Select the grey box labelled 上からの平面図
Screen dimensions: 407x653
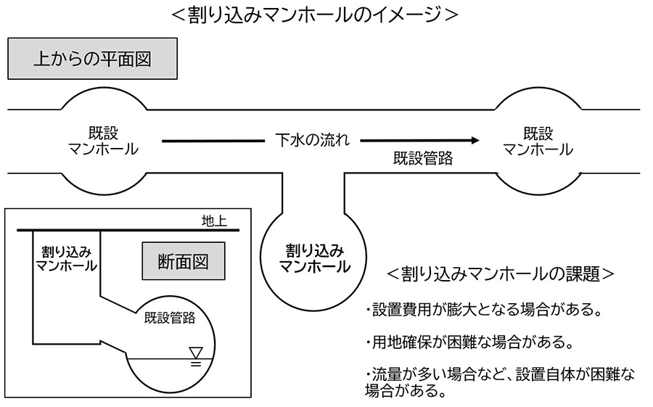click(92, 59)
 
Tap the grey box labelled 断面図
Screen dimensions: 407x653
click(183, 261)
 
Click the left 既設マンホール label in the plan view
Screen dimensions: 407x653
click(104, 141)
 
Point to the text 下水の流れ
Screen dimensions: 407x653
click(312, 140)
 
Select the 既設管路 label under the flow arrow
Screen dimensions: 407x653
click(422, 159)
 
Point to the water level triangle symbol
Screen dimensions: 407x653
click(195, 353)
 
